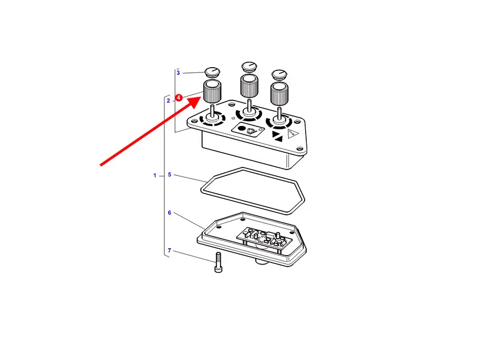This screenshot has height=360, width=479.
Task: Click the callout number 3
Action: (x=178, y=72)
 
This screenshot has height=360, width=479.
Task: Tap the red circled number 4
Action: (x=179, y=98)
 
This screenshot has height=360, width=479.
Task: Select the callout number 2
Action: (x=169, y=100)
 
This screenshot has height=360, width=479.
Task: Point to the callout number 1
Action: (x=155, y=175)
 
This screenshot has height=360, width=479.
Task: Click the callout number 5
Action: (x=169, y=174)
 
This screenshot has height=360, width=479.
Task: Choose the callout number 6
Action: (x=169, y=213)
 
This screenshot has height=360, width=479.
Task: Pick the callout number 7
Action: (x=169, y=250)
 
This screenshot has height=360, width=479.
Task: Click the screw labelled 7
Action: (x=218, y=262)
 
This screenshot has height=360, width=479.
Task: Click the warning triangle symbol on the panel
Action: (x=293, y=134)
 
